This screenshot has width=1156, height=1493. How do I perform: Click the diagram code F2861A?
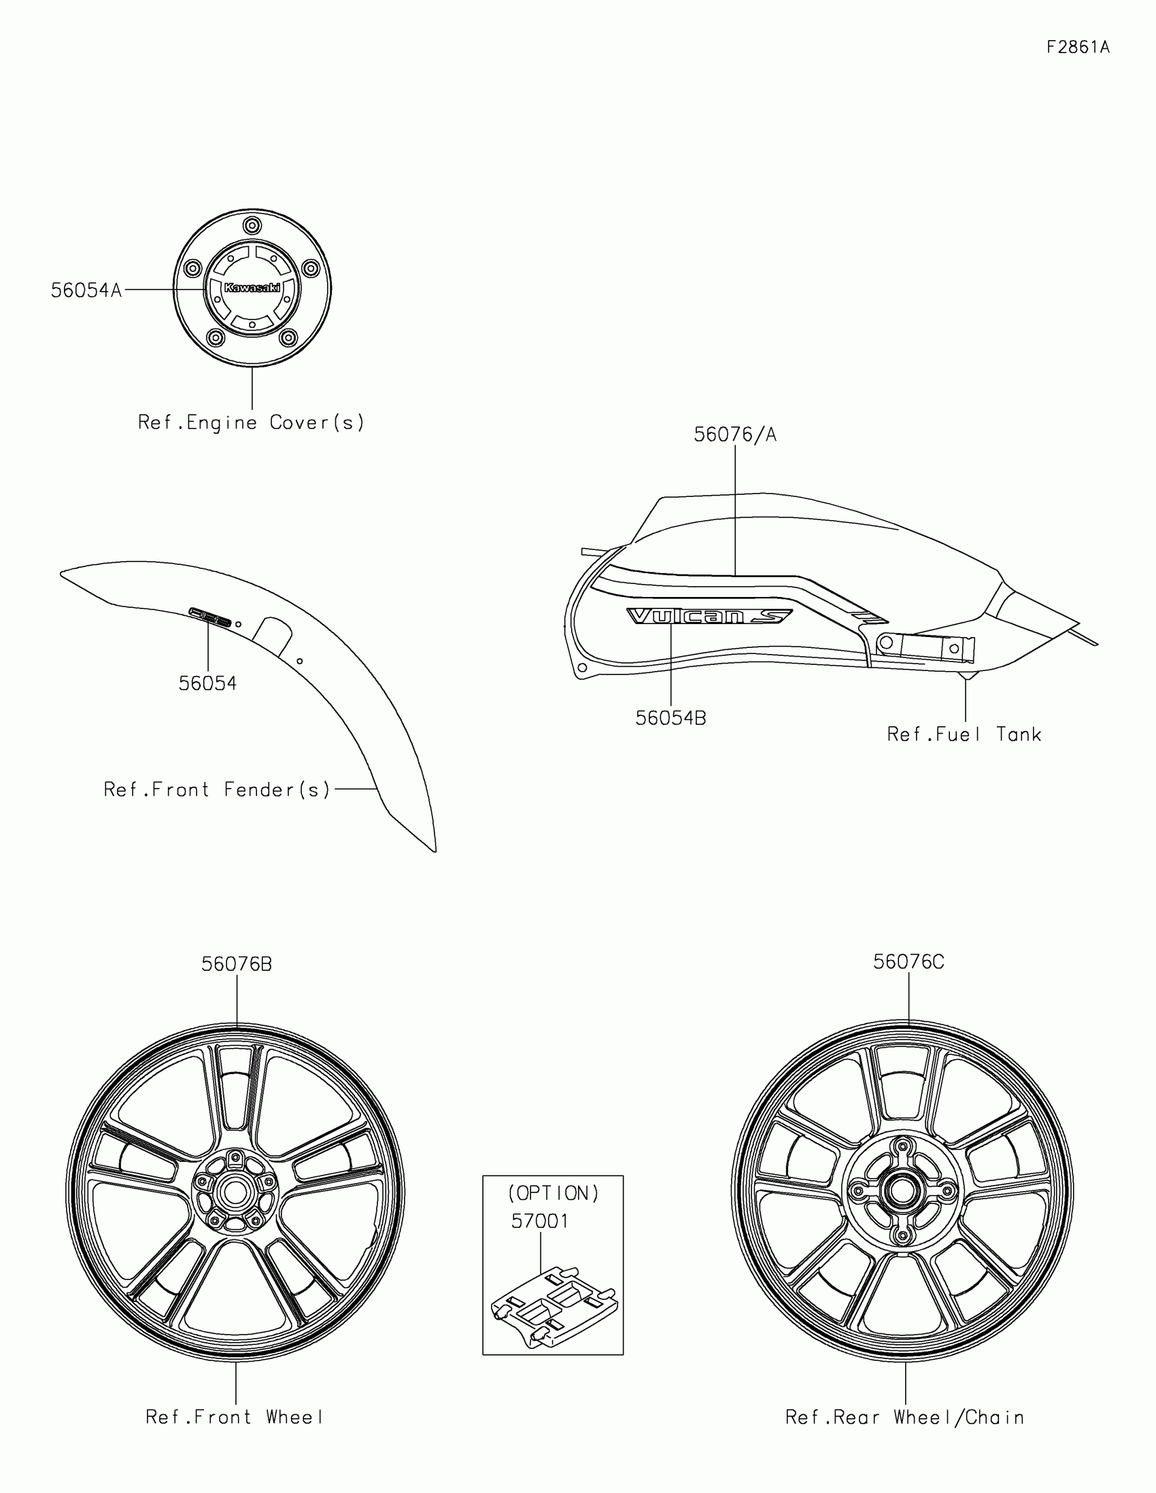[1077, 47]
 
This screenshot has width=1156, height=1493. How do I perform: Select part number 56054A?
[86, 290]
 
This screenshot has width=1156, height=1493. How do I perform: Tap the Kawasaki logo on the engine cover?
[252, 288]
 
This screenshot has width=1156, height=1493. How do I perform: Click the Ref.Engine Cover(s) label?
[251, 422]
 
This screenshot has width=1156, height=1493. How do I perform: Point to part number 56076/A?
[735, 434]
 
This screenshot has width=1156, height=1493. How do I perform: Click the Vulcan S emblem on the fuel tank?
[709, 617]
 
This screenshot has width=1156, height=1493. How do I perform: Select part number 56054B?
[670, 719]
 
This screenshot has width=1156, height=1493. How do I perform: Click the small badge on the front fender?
[211, 616]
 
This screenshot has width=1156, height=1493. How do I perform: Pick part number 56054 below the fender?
[207, 683]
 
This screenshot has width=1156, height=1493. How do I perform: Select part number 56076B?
[237, 964]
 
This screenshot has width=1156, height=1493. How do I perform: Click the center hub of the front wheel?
[235, 1194]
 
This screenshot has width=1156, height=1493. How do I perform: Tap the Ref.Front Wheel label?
[235, 1417]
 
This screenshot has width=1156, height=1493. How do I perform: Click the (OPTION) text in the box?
[553, 1194]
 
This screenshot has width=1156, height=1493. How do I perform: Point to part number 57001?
[540, 1221]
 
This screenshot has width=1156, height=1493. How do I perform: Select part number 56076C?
[908, 963]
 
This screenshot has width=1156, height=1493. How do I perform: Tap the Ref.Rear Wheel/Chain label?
[904, 1418]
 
